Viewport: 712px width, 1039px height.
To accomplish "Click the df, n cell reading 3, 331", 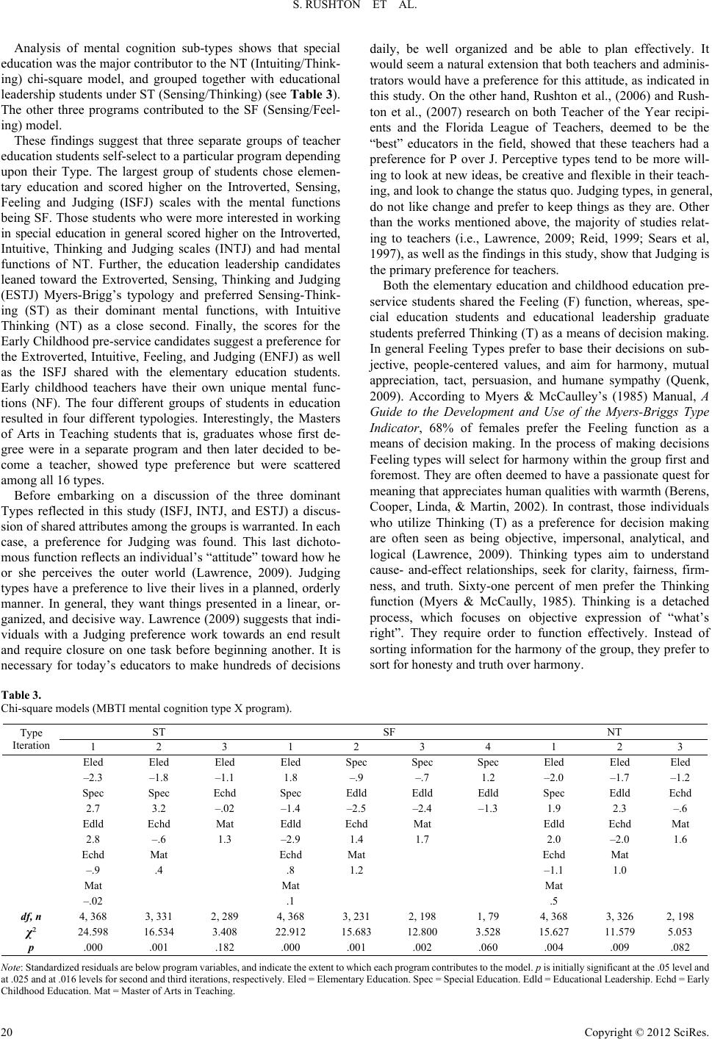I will (158, 916).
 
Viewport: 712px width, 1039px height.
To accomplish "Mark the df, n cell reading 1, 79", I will (488, 916).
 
